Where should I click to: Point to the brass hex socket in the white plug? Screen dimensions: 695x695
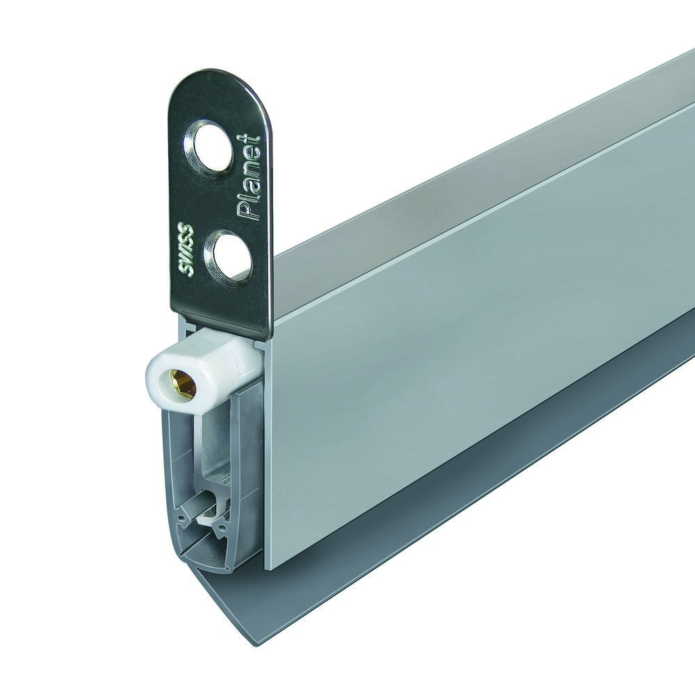(183, 384)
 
